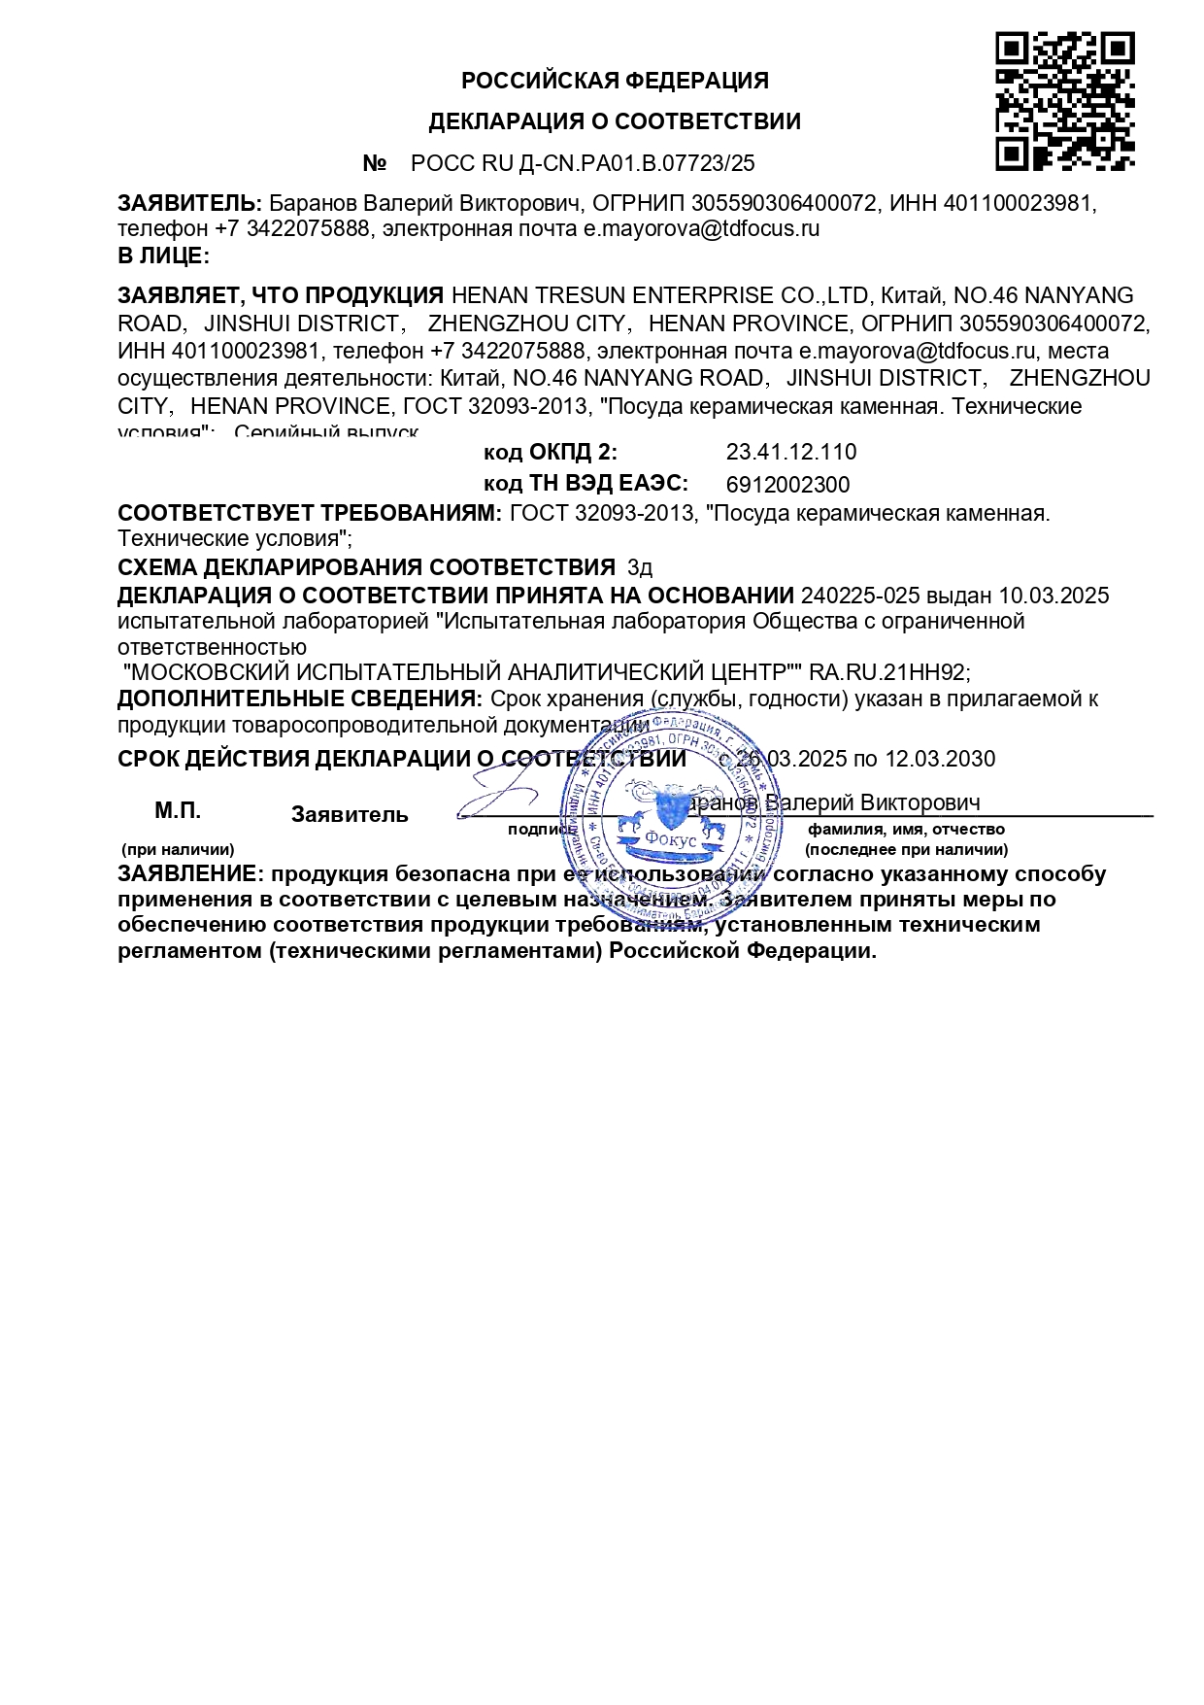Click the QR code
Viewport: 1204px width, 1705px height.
(x=1064, y=101)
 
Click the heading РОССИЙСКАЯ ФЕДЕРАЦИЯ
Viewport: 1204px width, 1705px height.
(x=615, y=81)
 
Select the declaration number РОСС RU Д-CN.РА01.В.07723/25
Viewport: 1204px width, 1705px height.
(x=583, y=163)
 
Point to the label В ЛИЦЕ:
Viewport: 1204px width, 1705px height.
(x=163, y=256)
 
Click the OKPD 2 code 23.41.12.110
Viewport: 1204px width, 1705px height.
(x=790, y=453)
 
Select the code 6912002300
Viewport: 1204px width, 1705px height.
(x=787, y=485)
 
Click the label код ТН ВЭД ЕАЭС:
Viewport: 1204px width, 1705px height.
(x=585, y=484)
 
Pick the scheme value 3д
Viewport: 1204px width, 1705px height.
(x=640, y=568)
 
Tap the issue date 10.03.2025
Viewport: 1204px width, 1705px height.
(x=1053, y=596)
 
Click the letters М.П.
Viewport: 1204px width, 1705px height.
(x=178, y=811)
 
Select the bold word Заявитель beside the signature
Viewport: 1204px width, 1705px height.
(x=350, y=815)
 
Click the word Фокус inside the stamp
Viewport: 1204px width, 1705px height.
(x=671, y=840)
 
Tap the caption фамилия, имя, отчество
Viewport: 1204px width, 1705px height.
(x=906, y=830)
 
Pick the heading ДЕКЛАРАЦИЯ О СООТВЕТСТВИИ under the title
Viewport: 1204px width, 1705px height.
(x=615, y=122)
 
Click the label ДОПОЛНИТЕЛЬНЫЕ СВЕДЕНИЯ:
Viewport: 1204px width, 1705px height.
(x=299, y=699)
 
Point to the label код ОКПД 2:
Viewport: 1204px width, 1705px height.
(x=550, y=453)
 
